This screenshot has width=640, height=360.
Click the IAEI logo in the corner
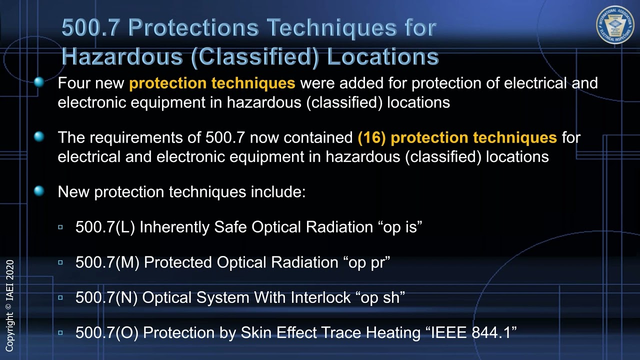615,25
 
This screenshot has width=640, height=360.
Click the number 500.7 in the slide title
90,28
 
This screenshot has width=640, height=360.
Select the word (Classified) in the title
254,56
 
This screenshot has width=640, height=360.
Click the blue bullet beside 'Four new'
39,82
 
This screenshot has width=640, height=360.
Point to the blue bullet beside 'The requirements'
39,136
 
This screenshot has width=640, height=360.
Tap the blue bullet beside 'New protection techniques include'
39,191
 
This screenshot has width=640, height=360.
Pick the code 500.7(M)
107,262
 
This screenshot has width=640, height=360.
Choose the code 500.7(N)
106,297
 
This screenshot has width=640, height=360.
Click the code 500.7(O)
107,333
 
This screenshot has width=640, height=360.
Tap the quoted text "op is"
400,227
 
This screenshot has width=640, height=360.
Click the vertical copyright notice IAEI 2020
9,305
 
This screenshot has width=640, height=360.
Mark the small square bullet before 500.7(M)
60,262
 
